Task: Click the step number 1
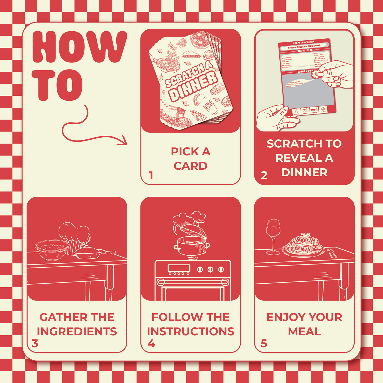(x=151, y=175)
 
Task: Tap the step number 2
(x=264, y=175)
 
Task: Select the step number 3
(x=35, y=344)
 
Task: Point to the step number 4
(x=151, y=344)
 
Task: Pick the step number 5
(x=264, y=344)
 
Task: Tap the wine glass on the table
(x=273, y=236)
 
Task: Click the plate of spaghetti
(x=303, y=245)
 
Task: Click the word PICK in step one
(x=183, y=152)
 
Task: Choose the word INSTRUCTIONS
(x=191, y=332)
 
